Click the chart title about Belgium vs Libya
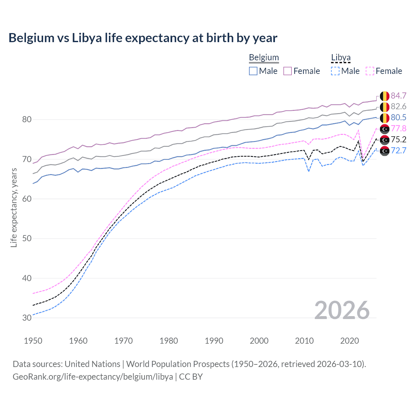[x=143, y=38]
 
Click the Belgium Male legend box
[x=253, y=71]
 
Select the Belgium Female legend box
[x=288, y=71]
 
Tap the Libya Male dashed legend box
[x=335, y=71]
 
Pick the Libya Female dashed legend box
[x=370, y=71]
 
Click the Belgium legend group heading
[x=264, y=58]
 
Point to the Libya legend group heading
[x=341, y=58]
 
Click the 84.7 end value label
[x=398, y=96]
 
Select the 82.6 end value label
[x=398, y=107]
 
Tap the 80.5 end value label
[x=398, y=118]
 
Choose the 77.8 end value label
[x=398, y=129]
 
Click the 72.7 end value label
[x=398, y=150]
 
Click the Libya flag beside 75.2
[x=385, y=140]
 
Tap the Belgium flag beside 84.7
[x=385, y=96]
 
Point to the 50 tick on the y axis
[x=27, y=239]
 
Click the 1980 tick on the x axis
[x=169, y=341]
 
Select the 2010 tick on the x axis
[x=304, y=341]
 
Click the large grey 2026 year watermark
[x=342, y=310]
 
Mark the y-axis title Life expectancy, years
[x=14, y=207]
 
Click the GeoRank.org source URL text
[x=93, y=377]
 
